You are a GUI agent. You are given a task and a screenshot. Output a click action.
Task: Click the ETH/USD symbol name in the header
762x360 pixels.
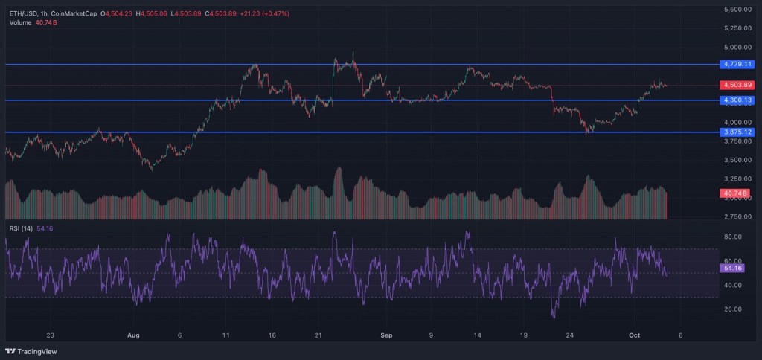[x=24, y=13]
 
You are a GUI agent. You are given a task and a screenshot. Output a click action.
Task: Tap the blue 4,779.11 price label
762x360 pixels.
[x=737, y=65]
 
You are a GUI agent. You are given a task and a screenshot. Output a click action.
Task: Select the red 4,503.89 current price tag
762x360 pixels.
[x=737, y=85]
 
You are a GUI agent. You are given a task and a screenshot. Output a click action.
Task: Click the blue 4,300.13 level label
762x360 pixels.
[x=737, y=100]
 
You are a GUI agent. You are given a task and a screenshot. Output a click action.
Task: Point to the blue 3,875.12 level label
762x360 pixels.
[x=737, y=132]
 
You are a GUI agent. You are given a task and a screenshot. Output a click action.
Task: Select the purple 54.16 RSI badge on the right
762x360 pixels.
[x=733, y=268]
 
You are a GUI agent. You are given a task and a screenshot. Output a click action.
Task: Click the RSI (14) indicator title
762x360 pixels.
[x=20, y=228]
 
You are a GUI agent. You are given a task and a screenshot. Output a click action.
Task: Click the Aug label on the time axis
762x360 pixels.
[x=134, y=335]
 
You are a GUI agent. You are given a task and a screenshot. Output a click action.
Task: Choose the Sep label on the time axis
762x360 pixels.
[x=385, y=335]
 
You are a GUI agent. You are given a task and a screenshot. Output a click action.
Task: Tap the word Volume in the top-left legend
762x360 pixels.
[x=20, y=22]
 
